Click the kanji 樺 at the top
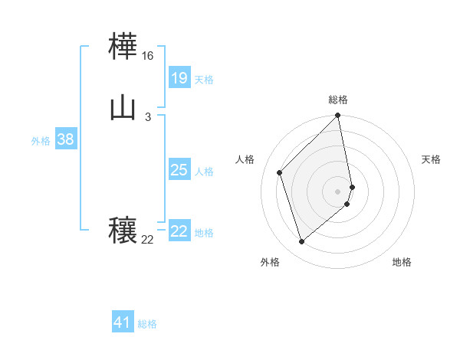[123, 48]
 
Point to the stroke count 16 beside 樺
[148, 56]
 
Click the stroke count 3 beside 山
[148, 116]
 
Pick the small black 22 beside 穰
[148, 240]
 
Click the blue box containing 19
[179, 77]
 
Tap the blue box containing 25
[179, 170]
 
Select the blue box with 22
[179, 231]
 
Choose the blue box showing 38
[65, 139]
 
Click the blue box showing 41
[123, 322]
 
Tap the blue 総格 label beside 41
[147, 324]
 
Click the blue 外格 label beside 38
[41, 141]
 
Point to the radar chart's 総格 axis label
[338, 100]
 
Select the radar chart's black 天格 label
[431, 159]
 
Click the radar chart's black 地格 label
[402, 262]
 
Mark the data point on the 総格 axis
[338, 116]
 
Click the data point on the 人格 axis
[280, 172]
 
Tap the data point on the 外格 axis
[301, 242]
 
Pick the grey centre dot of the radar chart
[338, 191]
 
